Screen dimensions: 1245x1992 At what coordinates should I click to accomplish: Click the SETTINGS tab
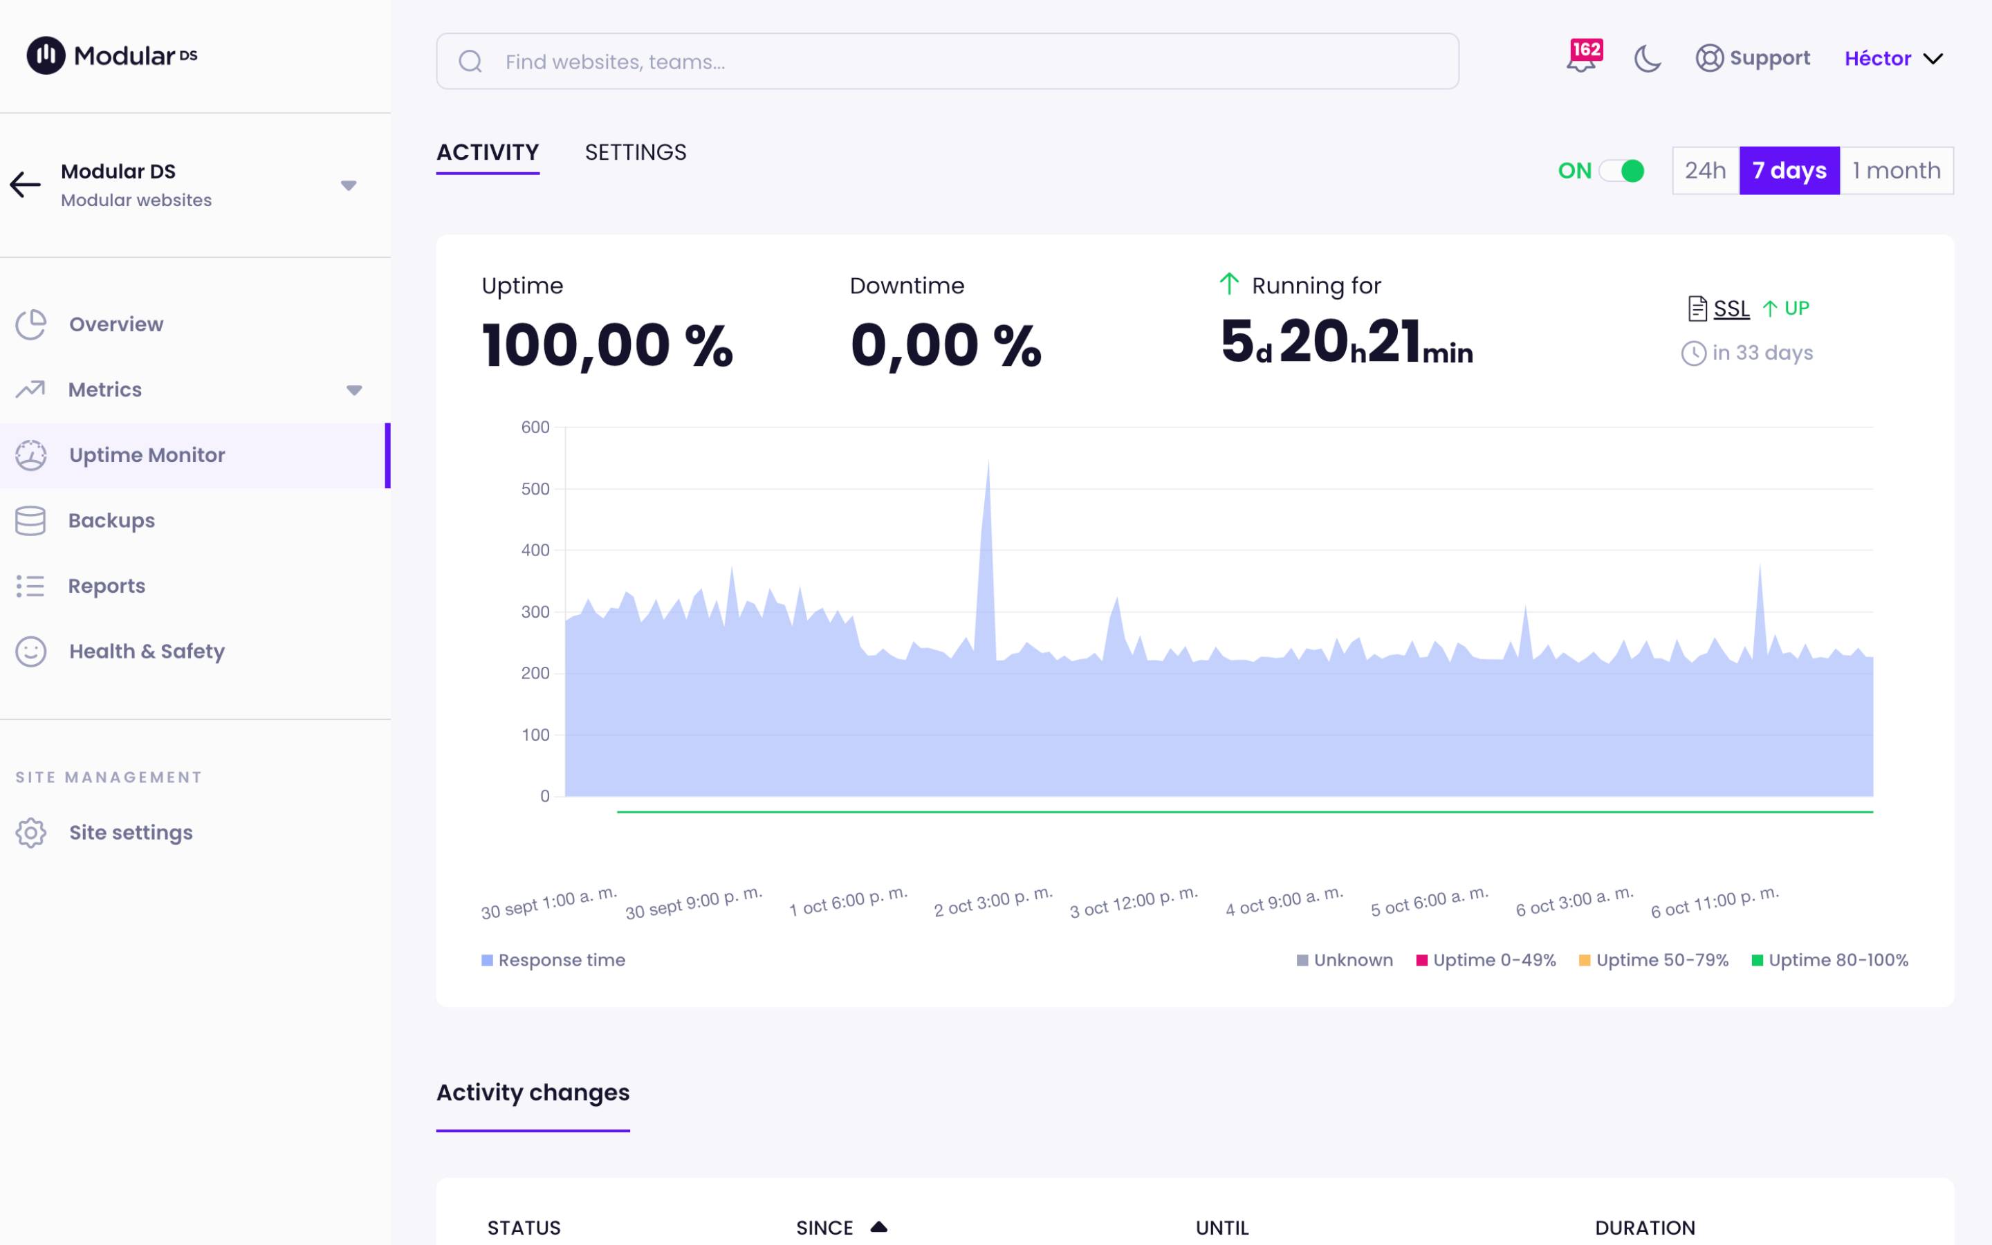point(635,152)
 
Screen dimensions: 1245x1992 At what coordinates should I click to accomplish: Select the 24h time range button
point(1705,170)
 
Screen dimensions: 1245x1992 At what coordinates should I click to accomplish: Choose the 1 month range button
point(1896,170)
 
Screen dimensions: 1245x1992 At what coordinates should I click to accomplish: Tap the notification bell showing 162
point(1581,59)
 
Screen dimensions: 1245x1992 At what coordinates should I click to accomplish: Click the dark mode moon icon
point(1647,59)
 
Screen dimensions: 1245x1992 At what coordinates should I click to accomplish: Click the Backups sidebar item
point(111,520)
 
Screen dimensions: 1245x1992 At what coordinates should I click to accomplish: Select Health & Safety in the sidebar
point(146,652)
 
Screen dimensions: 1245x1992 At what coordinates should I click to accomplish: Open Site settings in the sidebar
point(130,833)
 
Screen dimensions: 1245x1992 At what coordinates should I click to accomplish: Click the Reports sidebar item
point(107,587)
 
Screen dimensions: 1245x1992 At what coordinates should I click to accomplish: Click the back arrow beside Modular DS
point(25,185)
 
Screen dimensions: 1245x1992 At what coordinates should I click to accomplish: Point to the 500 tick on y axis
point(535,489)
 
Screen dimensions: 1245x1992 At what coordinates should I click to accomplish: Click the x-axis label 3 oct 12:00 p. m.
point(1134,902)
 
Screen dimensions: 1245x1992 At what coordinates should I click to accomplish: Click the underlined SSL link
point(1731,308)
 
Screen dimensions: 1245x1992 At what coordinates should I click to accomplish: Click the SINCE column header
point(824,1227)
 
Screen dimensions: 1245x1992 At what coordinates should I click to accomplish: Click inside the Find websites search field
point(947,62)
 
